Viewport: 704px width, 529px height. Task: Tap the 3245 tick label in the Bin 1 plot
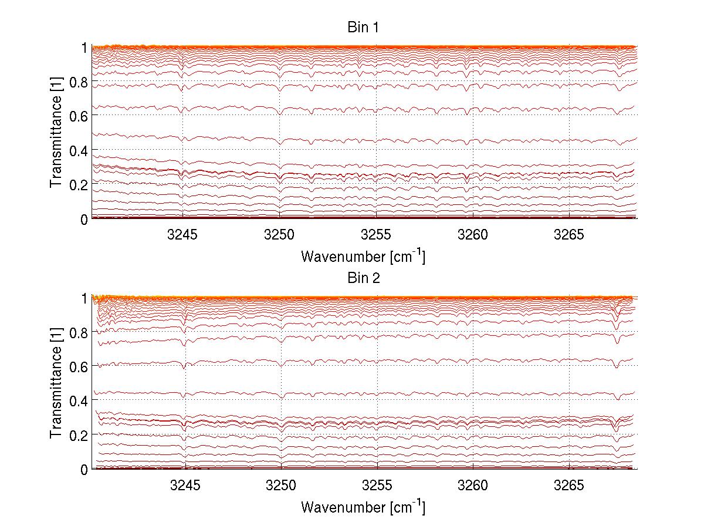183,235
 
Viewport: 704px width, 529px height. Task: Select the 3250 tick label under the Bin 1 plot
280,235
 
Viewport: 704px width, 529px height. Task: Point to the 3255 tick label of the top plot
376,235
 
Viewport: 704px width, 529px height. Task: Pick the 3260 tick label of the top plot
473,235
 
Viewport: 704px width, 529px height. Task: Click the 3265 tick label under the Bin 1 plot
569,235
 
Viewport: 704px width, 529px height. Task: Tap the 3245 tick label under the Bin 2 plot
185,486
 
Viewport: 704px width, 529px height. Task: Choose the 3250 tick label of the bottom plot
282,486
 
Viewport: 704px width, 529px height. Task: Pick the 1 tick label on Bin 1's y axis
83,48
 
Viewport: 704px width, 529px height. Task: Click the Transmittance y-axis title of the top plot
56,133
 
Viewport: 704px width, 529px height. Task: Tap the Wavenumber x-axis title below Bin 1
363,256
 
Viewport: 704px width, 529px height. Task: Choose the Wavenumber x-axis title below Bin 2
363,506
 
